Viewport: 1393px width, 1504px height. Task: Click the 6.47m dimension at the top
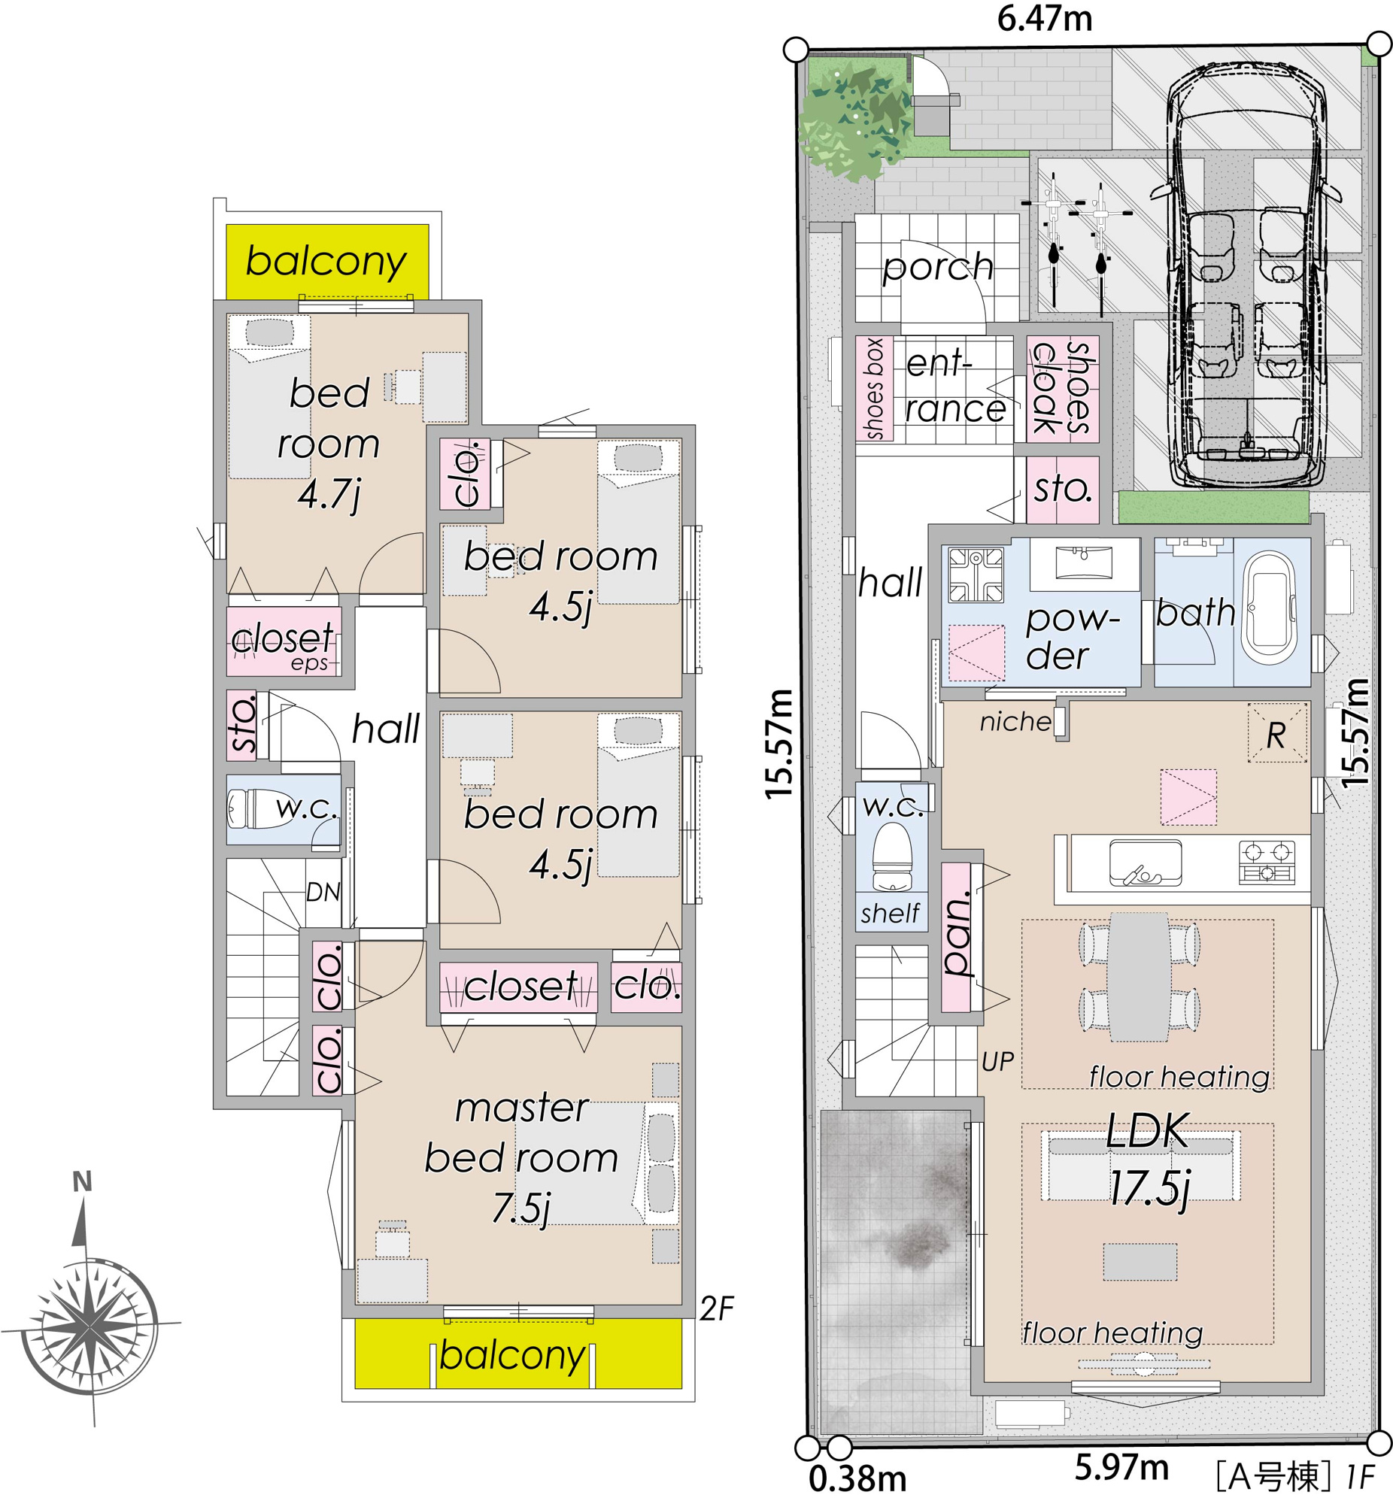tap(1045, 18)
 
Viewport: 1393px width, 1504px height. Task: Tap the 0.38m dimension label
tap(857, 1479)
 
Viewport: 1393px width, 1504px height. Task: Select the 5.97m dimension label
tap(1121, 1467)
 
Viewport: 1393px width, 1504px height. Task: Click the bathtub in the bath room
tap(1270, 609)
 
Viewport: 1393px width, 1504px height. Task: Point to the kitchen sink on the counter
tap(1146, 863)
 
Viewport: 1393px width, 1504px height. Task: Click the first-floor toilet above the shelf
tap(892, 857)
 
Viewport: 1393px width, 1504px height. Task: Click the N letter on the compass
tap(82, 1182)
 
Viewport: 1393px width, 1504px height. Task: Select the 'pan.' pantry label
tap(957, 936)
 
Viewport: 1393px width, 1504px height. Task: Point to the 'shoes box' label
tap(875, 389)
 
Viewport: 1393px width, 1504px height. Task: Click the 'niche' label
tap(1015, 722)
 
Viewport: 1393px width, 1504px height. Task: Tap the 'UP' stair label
tap(997, 1062)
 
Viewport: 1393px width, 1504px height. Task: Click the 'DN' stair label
tap(323, 892)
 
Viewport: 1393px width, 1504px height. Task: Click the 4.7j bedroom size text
tap(329, 494)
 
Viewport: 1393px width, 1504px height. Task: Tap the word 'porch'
tap(938, 267)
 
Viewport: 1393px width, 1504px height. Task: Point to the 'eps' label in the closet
tap(310, 663)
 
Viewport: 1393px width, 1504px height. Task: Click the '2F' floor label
tap(716, 1308)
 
